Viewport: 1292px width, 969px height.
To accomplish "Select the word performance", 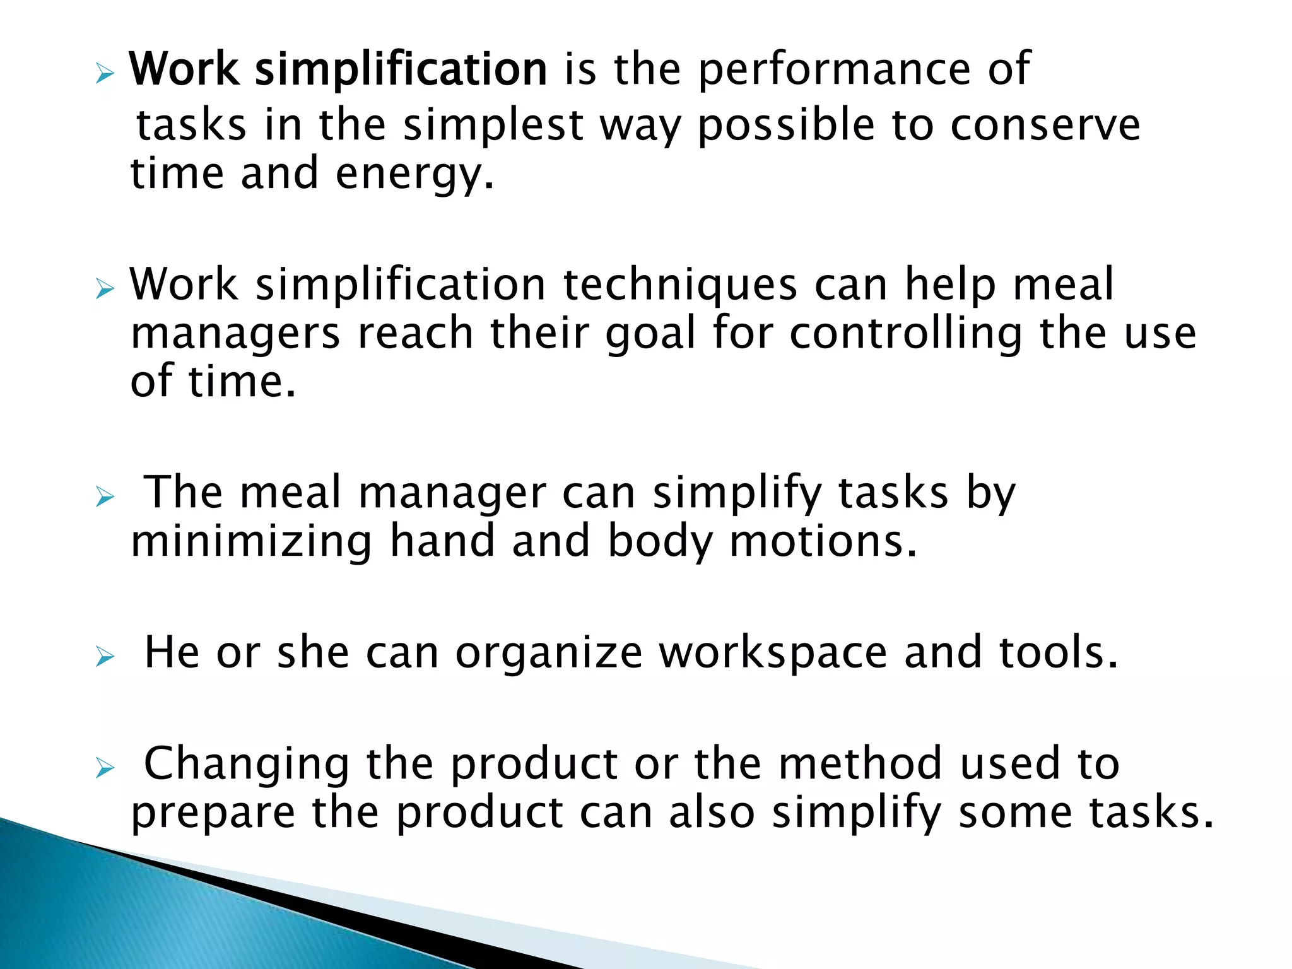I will pos(834,71).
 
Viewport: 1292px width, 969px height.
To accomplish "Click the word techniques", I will pos(680,285).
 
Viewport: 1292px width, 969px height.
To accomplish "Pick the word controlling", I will pos(905,334).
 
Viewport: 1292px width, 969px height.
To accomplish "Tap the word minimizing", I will pos(251,541).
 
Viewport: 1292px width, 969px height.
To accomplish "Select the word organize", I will pos(549,653).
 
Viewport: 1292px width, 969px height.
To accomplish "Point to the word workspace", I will pos(773,654).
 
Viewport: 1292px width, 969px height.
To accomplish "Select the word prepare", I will pos(213,814).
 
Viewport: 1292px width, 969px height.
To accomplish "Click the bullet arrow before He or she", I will pos(105,658).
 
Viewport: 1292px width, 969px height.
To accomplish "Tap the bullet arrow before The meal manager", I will pos(105,498).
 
